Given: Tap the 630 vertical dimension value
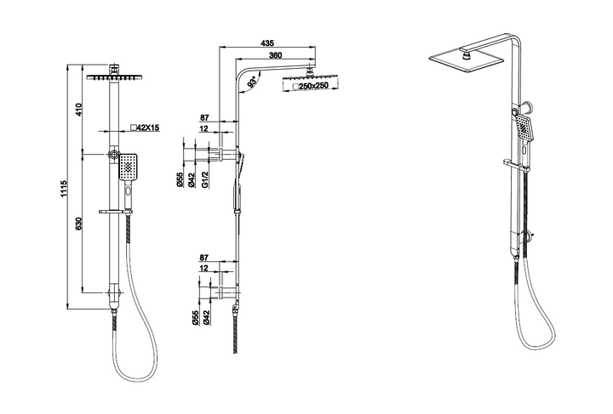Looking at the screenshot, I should coord(81,223).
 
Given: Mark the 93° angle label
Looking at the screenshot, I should coord(253,82).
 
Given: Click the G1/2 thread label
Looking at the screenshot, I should coord(205,179).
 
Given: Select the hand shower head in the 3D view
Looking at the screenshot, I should coord(526,129).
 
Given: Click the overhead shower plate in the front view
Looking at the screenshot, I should coord(115,76).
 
